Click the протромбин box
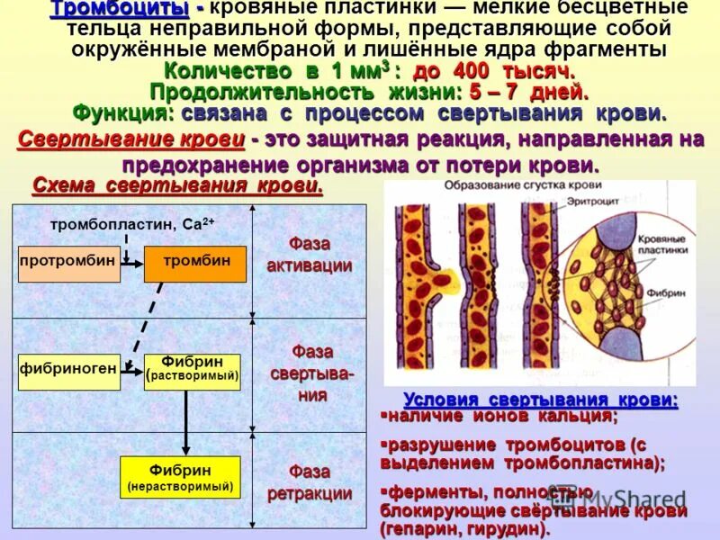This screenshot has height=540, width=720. coord(68,263)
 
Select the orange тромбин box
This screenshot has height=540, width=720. coord(195,263)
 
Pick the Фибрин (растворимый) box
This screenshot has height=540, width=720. coord(193,371)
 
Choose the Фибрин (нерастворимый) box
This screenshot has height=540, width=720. coord(180,477)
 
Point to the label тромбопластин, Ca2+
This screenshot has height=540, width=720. coord(131,223)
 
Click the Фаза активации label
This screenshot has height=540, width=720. coord(309,256)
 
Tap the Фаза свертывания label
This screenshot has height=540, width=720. coord(309,373)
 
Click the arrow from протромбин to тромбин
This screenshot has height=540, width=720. coord(132,262)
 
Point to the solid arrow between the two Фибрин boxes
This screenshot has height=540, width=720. coord(186,423)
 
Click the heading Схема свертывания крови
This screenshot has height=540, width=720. coord(177,185)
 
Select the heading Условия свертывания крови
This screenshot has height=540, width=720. coord(540,400)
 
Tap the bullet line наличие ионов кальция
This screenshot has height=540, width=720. coord(500,417)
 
